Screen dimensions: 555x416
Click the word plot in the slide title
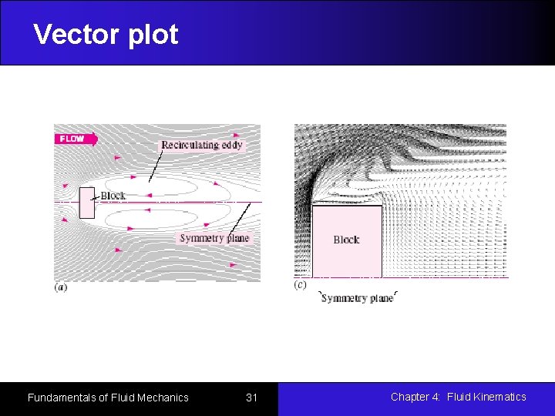[154, 35]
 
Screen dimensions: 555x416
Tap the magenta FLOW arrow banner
[76, 139]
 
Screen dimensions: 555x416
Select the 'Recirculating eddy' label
[202, 145]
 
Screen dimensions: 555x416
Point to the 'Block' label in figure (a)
[113, 196]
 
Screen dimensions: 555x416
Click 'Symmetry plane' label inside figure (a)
[214, 238]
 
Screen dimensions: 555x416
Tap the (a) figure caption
[60, 287]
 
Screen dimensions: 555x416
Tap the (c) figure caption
[301, 285]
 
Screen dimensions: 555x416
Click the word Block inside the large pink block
[346, 240]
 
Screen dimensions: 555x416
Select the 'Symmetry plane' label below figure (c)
[357, 298]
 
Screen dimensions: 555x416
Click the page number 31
[251, 398]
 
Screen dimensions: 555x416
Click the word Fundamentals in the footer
[62, 398]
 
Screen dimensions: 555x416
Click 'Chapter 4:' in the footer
[415, 397]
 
